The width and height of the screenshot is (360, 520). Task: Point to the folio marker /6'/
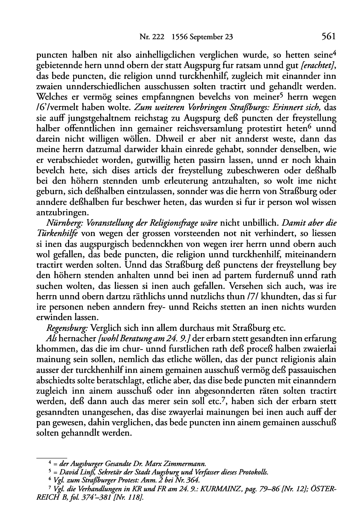(x=44, y=108)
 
